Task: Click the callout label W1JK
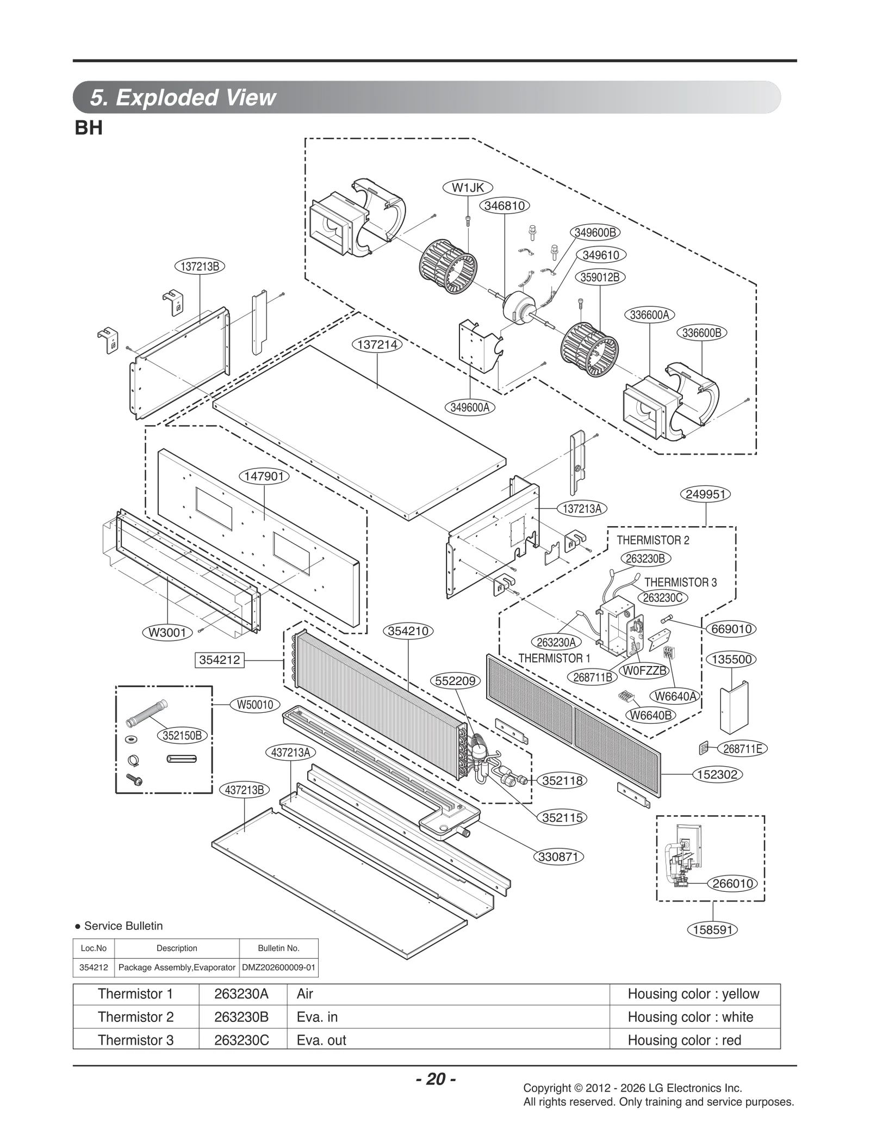click(468, 188)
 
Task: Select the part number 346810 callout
click(504, 206)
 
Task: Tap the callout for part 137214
click(377, 344)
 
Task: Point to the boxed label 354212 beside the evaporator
click(219, 660)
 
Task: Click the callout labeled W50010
click(255, 705)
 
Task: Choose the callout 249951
click(705, 494)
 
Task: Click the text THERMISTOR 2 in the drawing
click(652, 540)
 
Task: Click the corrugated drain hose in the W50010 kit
click(146, 713)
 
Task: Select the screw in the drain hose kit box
click(134, 780)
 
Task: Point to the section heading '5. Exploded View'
click(183, 97)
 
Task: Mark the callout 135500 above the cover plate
click(731, 660)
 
